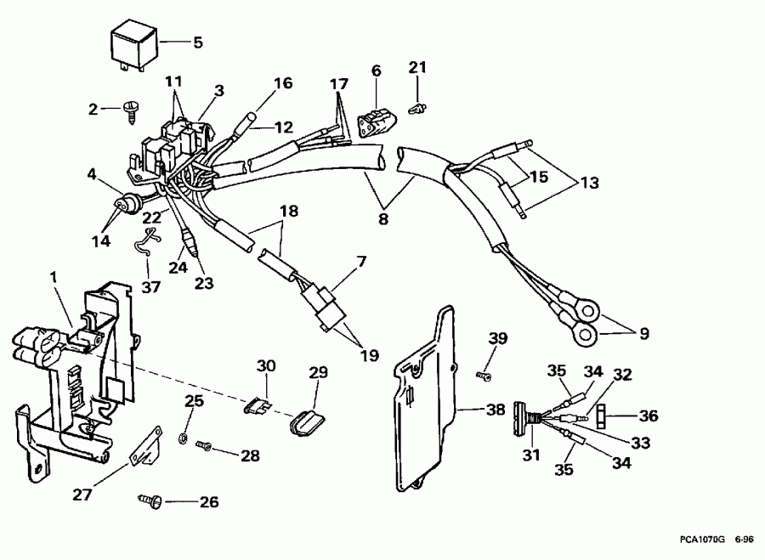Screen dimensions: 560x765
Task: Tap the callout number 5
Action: (197, 41)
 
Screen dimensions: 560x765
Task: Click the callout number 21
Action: (416, 67)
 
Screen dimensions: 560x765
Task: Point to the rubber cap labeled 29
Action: (308, 420)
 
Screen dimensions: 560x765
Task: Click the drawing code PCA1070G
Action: (701, 540)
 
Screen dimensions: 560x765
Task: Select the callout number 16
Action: (282, 83)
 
